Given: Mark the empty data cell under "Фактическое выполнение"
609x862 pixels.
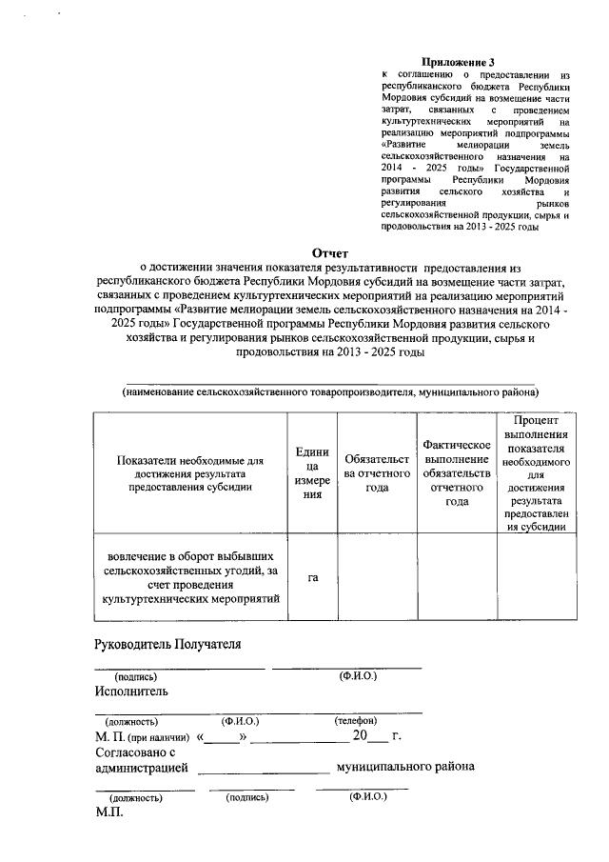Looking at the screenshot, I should (x=456, y=577).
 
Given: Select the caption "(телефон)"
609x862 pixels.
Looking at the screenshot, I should (x=356, y=721).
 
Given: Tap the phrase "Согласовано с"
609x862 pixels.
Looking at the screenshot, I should (x=136, y=752).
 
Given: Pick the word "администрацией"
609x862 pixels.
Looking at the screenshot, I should (x=141, y=768).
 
